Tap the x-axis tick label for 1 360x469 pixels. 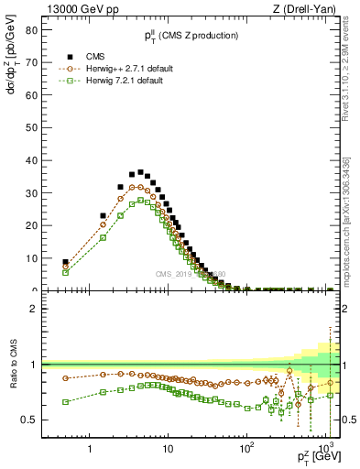(x=90, y=448)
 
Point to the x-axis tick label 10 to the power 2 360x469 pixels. (x=245, y=448)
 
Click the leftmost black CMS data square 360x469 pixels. (x=65, y=262)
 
